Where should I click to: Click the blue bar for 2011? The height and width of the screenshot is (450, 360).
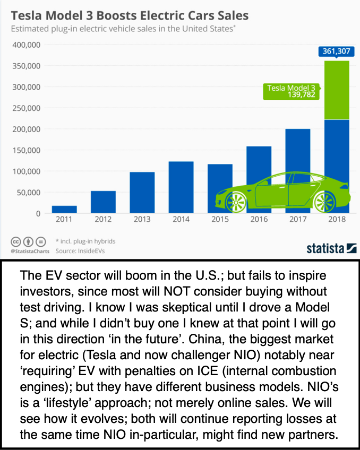pos(64,210)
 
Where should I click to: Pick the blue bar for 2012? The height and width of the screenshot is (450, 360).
pos(103,202)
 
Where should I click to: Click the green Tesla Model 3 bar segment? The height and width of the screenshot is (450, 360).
pos(337,90)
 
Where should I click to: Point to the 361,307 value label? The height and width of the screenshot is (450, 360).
pos(333,51)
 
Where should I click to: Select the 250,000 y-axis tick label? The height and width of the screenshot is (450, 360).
pos(26,108)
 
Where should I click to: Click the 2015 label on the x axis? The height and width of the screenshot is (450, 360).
pos(220,219)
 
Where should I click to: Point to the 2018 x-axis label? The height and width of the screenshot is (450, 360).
pos(337,219)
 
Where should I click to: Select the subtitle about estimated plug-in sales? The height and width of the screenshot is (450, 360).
pos(123,29)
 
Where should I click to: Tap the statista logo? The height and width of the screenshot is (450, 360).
pos(331,247)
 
